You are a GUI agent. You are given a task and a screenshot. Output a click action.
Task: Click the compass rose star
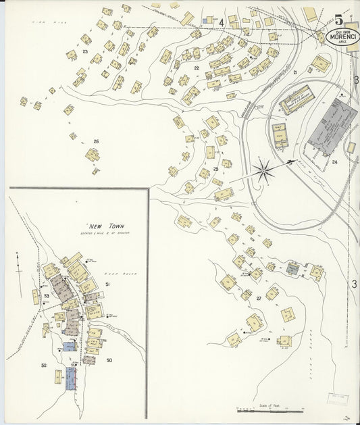(x=263, y=169)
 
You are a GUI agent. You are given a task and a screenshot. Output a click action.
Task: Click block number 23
(x=85, y=51)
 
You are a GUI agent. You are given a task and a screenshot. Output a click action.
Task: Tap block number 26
(x=96, y=141)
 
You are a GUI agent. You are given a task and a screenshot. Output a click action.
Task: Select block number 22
(x=197, y=68)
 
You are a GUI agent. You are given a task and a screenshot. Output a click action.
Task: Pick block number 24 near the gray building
(x=334, y=162)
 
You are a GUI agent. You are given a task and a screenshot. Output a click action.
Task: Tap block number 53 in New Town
(x=47, y=296)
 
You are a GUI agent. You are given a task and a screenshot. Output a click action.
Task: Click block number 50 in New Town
(x=109, y=360)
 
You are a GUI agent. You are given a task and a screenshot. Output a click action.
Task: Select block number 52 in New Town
(x=44, y=365)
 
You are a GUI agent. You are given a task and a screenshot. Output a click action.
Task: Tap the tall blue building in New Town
(x=71, y=378)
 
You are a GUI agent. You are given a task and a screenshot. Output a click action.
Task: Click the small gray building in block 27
(x=291, y=269)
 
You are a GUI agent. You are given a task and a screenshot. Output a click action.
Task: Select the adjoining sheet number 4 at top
(x=221, y=22)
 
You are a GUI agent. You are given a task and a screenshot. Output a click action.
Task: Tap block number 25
(x=215, y=169)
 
